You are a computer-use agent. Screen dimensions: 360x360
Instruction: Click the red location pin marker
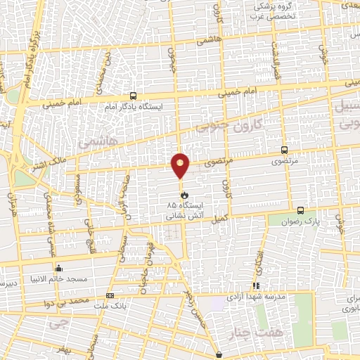181,165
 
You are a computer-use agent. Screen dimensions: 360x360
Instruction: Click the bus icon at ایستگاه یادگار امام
134,96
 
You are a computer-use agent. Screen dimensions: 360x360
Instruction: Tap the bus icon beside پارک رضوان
301,210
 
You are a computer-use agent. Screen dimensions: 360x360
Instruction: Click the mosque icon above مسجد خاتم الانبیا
58,267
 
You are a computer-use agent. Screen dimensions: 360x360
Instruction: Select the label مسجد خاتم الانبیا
63,279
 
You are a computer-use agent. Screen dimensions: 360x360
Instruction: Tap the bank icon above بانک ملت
109,295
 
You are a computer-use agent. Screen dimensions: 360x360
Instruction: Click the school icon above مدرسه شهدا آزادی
256,285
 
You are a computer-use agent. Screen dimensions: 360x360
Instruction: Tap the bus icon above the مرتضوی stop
284,149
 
